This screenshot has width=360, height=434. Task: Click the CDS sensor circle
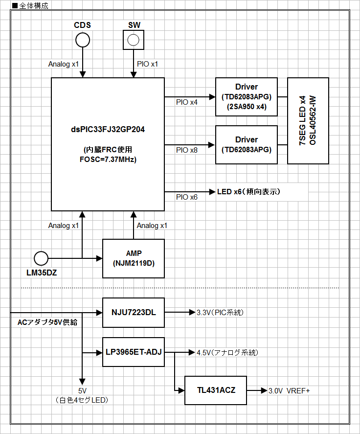pyautogui.click(x=83, y=40)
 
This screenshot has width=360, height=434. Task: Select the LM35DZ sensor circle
pyautogui.click(x=41, y=258)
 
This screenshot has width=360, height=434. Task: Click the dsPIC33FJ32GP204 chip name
pyautogui.click(x=108, y=130)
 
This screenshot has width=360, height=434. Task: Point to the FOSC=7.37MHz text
pyautogui.click(x=108, y=160)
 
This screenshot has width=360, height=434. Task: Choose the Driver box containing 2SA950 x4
pyautogui.click(x=247, y=97)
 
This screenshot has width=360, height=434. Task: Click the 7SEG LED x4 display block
pyautogui.click(x=308, y=120)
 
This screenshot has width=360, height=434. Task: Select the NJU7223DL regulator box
pyautogui.click(x=134, y=312)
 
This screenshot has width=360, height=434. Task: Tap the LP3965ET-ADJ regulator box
pyautogui.click(x=134, y=352)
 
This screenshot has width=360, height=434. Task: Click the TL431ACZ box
pyautogui.click(x=216, y=390)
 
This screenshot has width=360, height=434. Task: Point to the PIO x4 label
pyautogui.click(x=187, y=103)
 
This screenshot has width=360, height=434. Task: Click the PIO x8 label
pyautogui.click(x=187, y=150)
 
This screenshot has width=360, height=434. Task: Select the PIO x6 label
pyautogui.click(x=187, y=197)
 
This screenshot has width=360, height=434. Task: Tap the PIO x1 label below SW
pyautogui.click(x=148, y=64)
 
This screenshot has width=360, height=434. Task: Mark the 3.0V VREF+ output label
pyautogui.click(x=289, y=391)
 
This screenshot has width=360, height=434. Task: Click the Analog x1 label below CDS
pyautogui.click(x=64, y=64)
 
